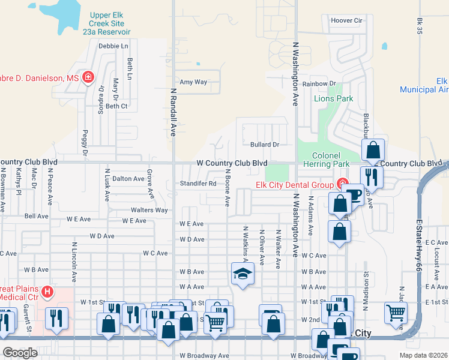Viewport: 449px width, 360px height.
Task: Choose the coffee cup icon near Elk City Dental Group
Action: pos(354,195)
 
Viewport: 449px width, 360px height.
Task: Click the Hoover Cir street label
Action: pos(348,20)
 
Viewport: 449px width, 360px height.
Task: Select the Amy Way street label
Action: pos(194,82)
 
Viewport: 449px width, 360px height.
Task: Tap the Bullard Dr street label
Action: pos(265,145)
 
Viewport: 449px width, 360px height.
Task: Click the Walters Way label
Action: pos(149,211)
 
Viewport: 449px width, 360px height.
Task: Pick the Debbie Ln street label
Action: pos(113,46)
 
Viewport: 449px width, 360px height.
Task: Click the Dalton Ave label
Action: pos(128,179)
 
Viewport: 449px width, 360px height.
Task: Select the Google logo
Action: pos(20,353)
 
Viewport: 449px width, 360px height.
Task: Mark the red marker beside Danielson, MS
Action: pos(88,77)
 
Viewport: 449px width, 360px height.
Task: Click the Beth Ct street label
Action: pos(116,106)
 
